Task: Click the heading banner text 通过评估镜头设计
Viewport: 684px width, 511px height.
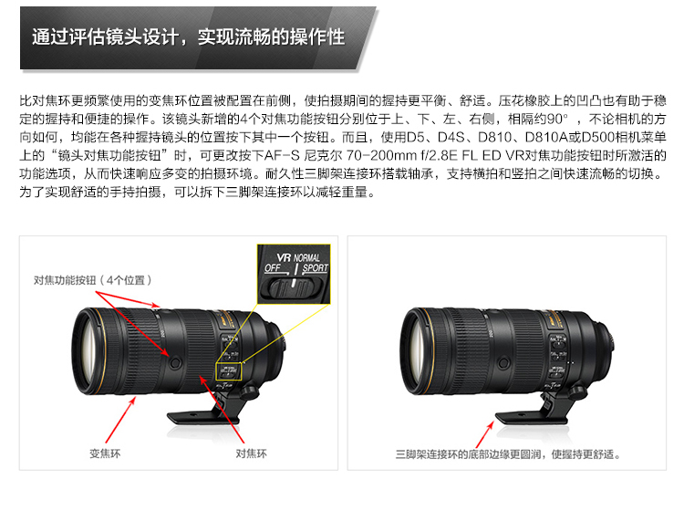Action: point(105,36)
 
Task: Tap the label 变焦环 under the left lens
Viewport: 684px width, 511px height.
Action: point(105,454)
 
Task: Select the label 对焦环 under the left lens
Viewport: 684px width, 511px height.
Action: point(252,454)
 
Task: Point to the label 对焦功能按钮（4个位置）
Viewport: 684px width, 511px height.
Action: point(92,280)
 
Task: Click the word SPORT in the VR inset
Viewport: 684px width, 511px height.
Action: point(315,268)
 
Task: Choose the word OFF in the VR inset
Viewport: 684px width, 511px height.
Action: point(273,268)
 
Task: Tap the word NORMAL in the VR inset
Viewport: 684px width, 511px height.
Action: point(306,257)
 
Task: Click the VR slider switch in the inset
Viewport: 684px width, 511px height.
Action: point(291,288)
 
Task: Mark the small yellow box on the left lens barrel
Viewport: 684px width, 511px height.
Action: point(229,371)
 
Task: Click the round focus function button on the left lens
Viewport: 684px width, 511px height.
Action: point(175,362)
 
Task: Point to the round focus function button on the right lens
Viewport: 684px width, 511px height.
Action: point(503,362)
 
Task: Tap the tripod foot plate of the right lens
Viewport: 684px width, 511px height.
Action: point(532,418)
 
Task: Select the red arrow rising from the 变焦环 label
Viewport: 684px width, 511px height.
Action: point(120,420)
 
